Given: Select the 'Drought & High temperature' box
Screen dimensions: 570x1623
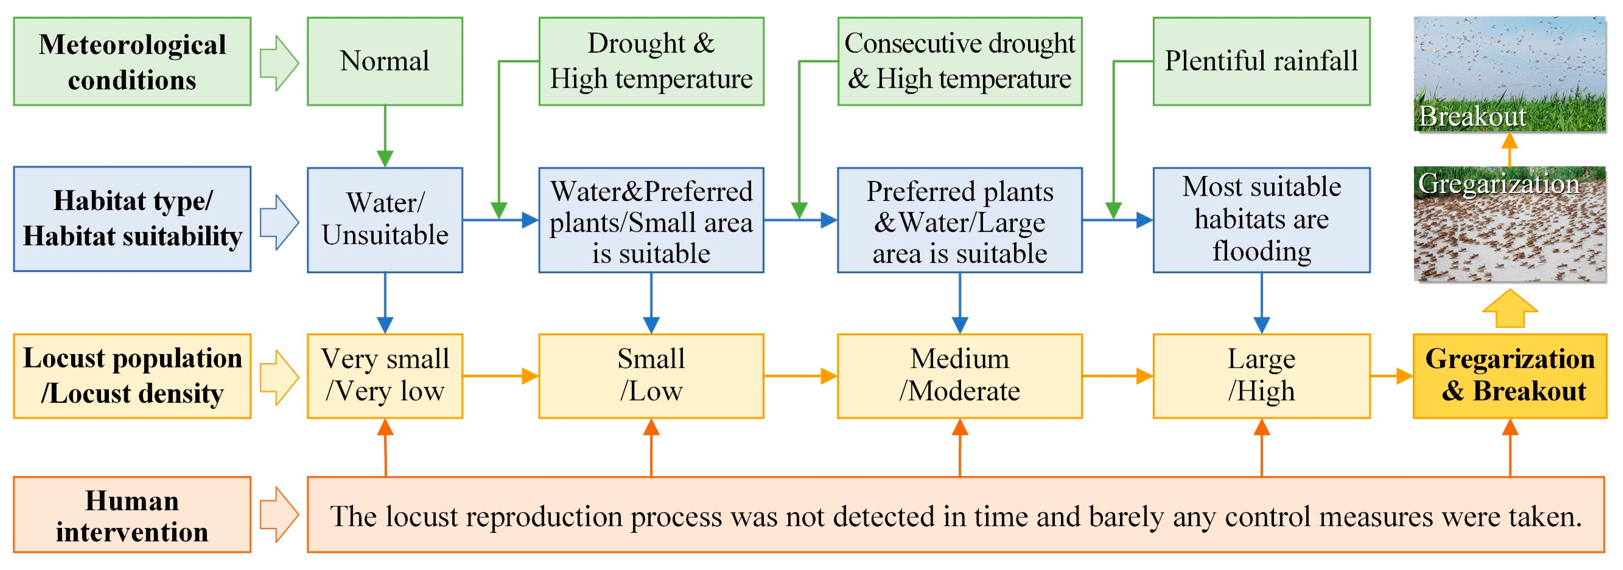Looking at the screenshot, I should point(651,61).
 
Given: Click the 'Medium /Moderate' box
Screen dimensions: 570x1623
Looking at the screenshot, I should point(959,375).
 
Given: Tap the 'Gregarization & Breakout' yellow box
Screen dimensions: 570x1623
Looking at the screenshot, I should point(1509,375).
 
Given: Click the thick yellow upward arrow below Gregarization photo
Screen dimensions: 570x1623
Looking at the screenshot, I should point(1509,308).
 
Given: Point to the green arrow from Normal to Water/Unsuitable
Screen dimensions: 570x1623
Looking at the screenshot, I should point(385,136).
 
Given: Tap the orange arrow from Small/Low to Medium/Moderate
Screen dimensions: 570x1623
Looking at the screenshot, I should point(800,376).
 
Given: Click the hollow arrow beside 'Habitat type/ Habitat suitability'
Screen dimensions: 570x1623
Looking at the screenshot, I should point(279,222).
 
